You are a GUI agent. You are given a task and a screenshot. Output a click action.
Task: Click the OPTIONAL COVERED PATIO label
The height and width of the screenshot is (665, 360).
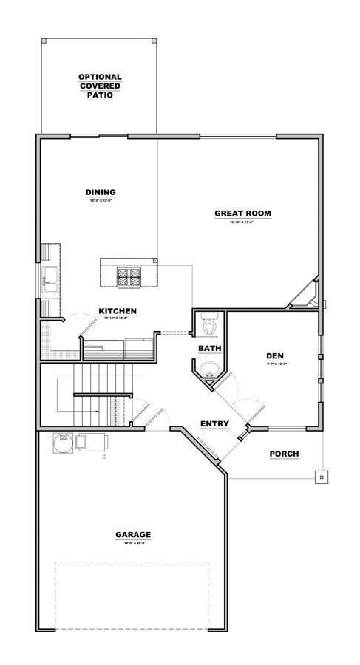point(100,86)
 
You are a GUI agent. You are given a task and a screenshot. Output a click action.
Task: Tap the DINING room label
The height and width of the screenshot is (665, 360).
point(100,192)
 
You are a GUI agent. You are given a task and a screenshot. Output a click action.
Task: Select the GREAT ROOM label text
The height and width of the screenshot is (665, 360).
point(242,214)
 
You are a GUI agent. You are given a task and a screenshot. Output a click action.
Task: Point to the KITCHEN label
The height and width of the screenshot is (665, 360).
point(118,311)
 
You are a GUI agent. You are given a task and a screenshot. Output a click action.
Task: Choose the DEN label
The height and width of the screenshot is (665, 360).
point(275,356)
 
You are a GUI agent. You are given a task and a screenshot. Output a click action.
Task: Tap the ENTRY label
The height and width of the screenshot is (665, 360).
point(214,423)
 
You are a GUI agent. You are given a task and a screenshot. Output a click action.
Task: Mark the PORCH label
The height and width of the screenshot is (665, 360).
point(284,453)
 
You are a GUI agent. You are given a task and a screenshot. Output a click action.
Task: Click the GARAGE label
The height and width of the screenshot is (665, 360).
point(133,534)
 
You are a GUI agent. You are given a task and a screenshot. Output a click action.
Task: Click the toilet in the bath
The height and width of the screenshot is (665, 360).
point(209,324)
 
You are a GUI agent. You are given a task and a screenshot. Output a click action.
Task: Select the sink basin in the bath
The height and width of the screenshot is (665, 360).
point(208,369)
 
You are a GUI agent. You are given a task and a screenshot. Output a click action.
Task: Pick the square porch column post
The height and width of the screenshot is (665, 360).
point(321,477)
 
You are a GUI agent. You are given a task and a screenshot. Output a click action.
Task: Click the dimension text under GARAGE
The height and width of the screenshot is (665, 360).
point(133,543)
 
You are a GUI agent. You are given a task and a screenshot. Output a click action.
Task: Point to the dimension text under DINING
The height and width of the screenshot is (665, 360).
point(100,200)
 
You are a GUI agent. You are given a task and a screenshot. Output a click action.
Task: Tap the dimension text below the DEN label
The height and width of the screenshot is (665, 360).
point(275,364)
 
